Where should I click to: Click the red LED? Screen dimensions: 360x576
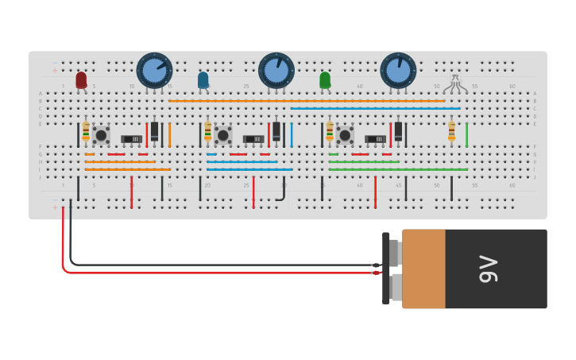(81, 79)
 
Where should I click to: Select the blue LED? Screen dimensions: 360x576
(203, 79)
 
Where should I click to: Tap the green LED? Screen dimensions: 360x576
(325, 79)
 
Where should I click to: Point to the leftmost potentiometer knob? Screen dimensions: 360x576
(154, 70)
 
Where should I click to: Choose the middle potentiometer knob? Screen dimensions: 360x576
(276, 70)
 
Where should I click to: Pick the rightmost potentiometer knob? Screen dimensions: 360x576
(398, 70)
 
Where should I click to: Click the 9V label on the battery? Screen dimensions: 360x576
(488, 269)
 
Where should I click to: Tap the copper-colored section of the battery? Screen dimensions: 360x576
(423, 269)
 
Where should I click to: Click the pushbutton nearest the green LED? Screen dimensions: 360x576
(345, 134)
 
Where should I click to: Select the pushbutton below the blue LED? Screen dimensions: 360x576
(223, 134)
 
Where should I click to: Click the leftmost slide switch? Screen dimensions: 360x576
(132, 139)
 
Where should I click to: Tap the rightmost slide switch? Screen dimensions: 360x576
(375, 139)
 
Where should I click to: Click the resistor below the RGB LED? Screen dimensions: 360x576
(451, 130)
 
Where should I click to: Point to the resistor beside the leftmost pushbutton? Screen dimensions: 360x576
(86, 130)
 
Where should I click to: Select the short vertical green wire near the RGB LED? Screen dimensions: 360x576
(467, 134)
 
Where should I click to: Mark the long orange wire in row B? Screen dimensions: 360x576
(306, 101)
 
